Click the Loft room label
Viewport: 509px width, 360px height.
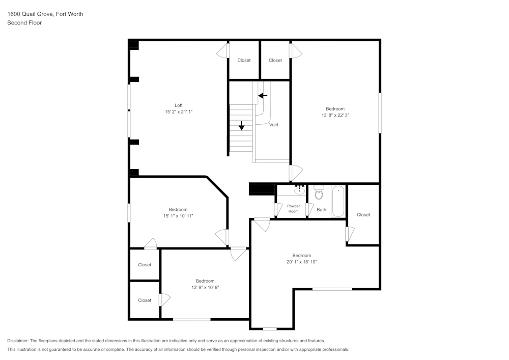[178, 105]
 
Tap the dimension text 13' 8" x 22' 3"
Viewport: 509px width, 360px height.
[335, 116]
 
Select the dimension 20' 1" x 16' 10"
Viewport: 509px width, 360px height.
[301, 262]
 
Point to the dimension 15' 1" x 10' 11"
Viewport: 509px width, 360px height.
[178, 216]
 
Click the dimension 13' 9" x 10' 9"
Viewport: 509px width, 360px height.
[205, 287]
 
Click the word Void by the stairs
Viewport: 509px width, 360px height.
[274, 125]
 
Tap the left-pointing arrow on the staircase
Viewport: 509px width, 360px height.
[263, 95]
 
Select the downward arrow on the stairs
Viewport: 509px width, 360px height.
[242, 125]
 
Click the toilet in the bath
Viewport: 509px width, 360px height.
[319, 193]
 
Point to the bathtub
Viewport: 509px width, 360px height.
[338, 202]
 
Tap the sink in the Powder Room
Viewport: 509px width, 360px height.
[299, 190]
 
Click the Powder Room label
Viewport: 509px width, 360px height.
[293, 208]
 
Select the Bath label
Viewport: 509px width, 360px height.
[321, 209]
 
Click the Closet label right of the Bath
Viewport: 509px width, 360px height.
[363, 215]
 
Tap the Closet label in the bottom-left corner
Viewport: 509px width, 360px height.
[145, 300]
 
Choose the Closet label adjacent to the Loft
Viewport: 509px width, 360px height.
[244, 60]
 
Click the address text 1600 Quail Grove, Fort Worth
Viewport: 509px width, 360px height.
[45, 14]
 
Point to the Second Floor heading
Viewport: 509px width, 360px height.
[24, 23]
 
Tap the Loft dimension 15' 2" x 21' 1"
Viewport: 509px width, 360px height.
[178, 112]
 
